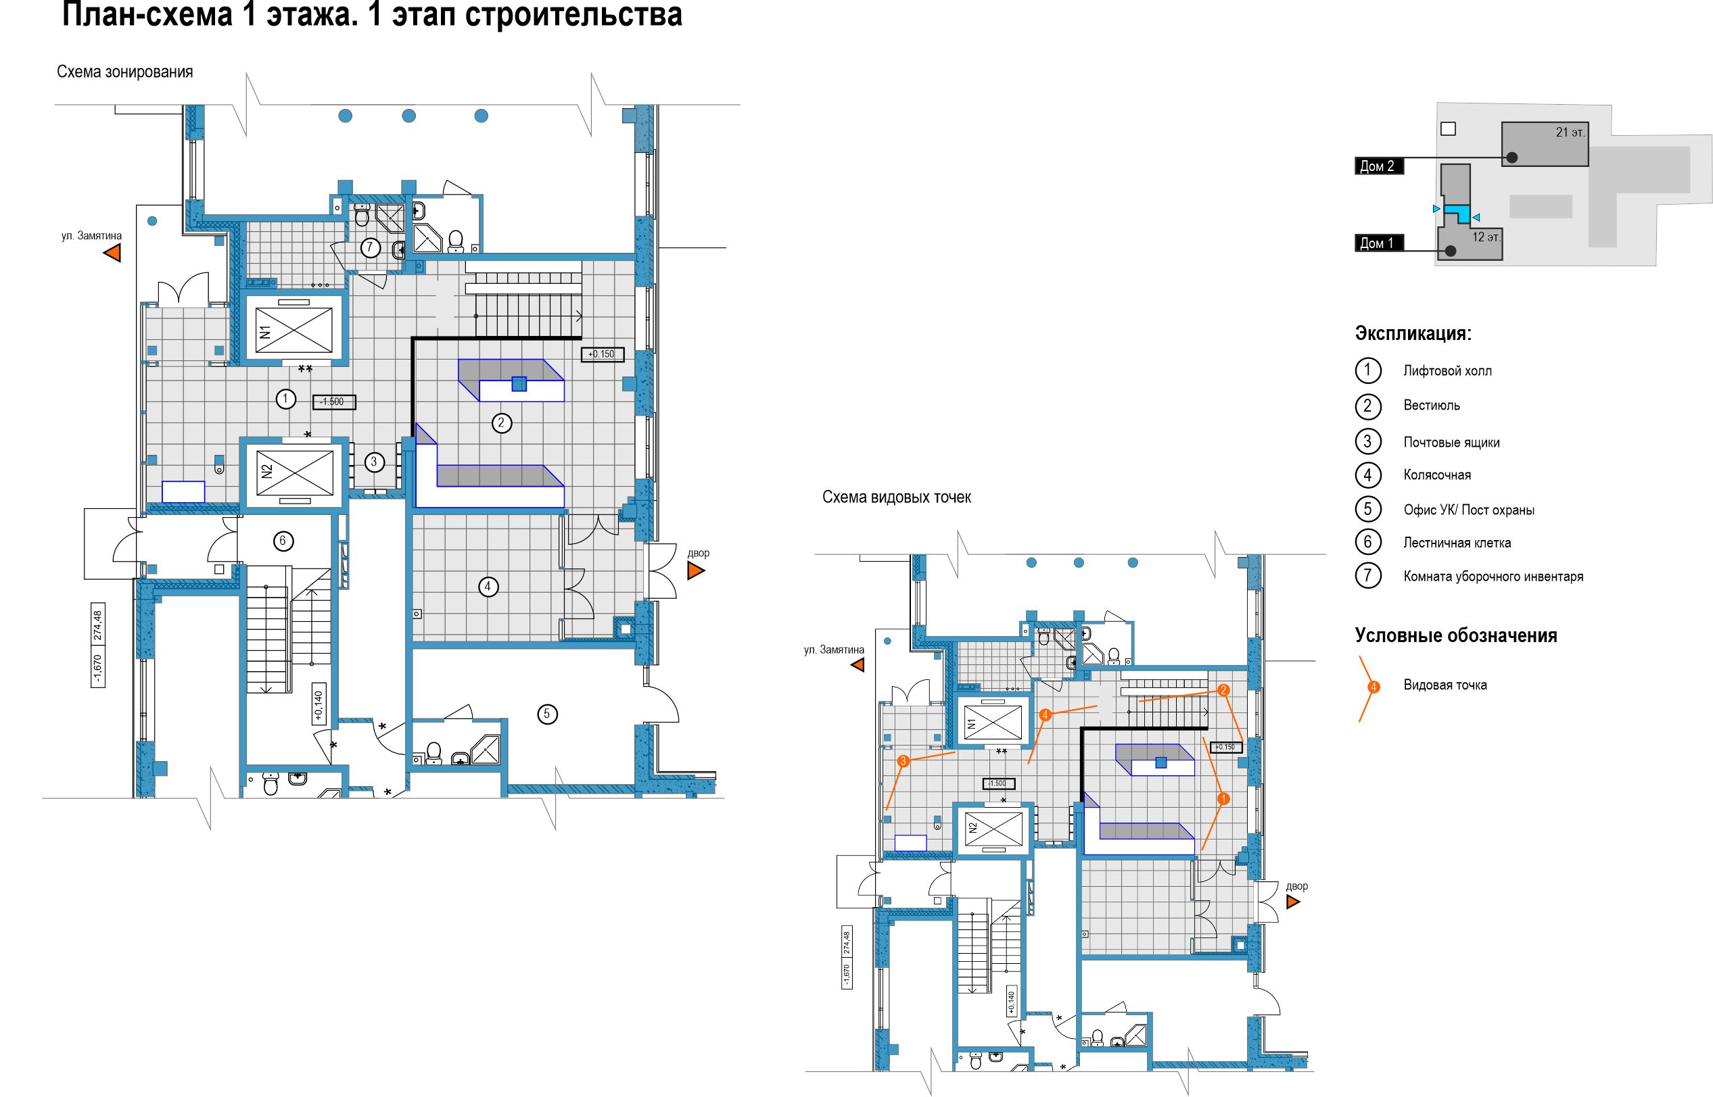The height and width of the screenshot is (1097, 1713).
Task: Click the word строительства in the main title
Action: pos(572,14)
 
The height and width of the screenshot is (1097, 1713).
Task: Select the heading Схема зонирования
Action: pos(124,72)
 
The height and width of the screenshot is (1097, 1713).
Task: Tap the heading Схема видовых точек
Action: pos(897,497)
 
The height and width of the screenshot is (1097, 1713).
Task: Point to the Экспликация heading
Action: pos(1413,333)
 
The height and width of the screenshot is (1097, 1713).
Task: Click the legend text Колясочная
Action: pos(1437,475)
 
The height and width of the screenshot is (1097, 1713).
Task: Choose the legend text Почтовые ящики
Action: pos(1451,442)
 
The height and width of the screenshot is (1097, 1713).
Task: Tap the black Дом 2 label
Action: pos(1379,166)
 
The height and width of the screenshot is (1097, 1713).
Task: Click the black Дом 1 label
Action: pos(1379,243)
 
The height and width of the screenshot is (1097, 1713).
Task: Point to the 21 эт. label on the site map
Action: pos(1570,132)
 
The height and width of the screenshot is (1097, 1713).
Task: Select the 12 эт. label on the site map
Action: pos(1486,237)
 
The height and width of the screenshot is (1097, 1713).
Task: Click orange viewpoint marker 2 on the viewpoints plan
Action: pos(1223,690)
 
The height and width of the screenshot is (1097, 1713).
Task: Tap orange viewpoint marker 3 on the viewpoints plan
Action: pos(904,762)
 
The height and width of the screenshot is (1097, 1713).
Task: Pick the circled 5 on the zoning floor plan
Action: pos(547,714)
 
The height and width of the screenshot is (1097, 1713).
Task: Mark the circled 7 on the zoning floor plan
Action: pos(370,248)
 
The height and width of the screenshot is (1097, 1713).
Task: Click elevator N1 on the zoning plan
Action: pos(294,330)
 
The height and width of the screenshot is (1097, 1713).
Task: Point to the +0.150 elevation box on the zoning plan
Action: pos(602,354)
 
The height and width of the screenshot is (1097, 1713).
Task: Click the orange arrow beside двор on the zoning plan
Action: pos(695,570)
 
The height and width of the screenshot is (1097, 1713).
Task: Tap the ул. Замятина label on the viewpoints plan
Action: pos(834,650)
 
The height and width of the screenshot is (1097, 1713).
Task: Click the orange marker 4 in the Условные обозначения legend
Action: pos(1374,687)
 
